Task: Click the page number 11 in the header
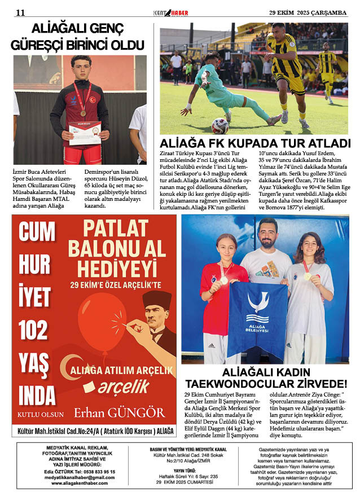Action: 20,12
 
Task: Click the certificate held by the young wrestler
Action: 85,133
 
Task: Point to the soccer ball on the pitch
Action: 219,125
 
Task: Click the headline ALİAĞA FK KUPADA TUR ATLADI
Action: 255,143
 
